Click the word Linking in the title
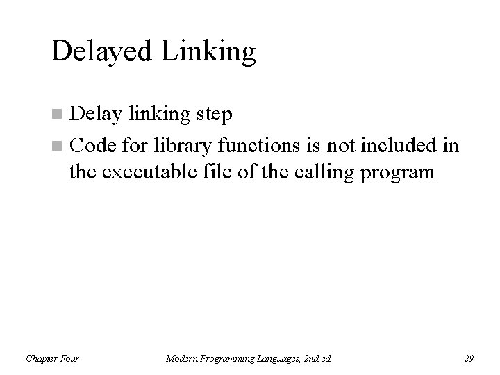(209, 52)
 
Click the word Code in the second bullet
(93, 147)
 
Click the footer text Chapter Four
(52, 358)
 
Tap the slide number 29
(468, 358)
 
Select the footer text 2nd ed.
(317, 358)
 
